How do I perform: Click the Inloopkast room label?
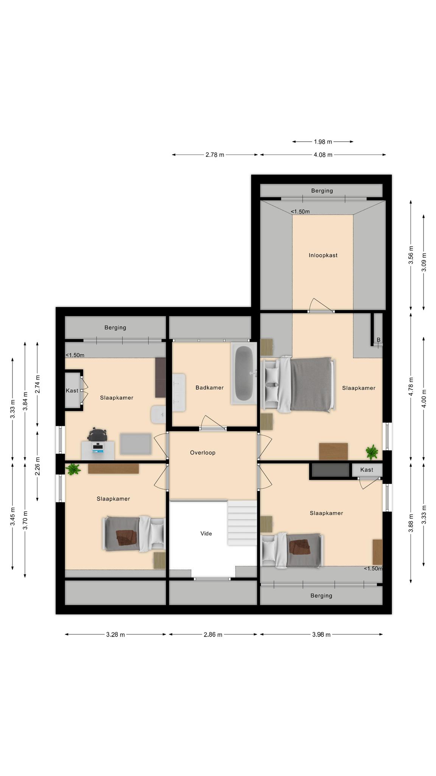tap(323, 255)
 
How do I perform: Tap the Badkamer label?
tap(209, 388)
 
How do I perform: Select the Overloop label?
tap(202, 452)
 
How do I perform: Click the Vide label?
tap(206, 533)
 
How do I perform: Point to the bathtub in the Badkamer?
tap(244, 374)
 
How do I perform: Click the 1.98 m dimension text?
tap(323, 142)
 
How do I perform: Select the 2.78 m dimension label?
tap(215, 155)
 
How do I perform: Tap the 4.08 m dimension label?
tap(323, 155)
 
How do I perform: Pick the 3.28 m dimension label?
tap(115, 635)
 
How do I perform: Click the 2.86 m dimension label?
tap(213, 635)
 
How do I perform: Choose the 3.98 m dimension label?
tap(321, 635)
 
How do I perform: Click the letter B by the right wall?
tap(378, 340)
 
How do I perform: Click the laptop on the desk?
tap(98, 447)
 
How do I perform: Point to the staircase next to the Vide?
tap(242, 523)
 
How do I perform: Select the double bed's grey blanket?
tap(311, 385)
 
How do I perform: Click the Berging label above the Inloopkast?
tap(322, 191)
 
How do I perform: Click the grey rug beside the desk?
tap(135, 444)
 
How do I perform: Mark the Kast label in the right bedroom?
tap(367, 470)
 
